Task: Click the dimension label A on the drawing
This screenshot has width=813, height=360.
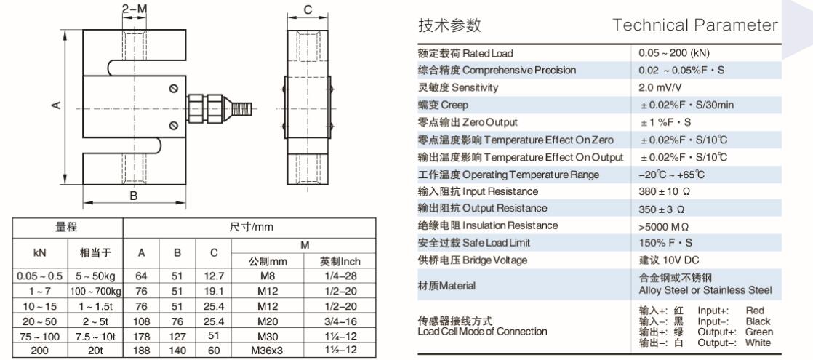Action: [x=55, y=105]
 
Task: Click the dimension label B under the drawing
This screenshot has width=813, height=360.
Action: [x=134, y=195]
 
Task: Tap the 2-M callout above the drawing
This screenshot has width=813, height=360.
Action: [x=135, y=9]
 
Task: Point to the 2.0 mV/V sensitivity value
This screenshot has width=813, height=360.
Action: [x=657, y=87]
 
